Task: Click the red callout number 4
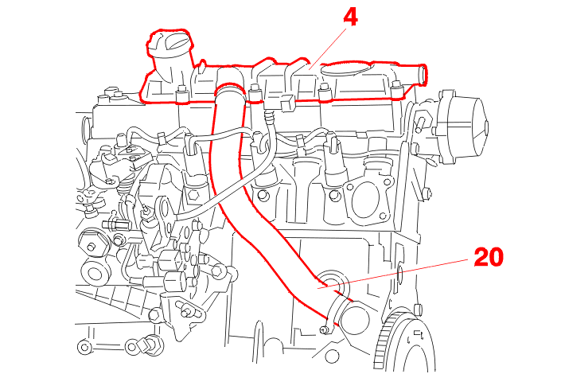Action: click(x=351, y=18)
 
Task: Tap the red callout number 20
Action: click(x=489, y=257)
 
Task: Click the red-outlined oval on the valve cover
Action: click(x=346, y=68)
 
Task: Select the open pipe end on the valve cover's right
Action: click(x=423, y=75)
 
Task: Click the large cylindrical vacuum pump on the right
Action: click(x=466, y=124)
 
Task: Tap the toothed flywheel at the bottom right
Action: click(x=404, y=340)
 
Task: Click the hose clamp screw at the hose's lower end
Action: click(x=325, y=329)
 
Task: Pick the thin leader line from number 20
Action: click(x=393, y=273)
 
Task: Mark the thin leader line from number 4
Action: click(x=328, y=49)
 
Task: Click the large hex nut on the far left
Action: click(x=92, y=244)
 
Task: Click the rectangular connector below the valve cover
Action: click(x=287, y=103)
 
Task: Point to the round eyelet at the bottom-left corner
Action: click(x=84, y=346)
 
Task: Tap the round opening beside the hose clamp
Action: click(x=354, y=318)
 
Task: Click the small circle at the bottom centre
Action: click(x=332, y=356)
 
